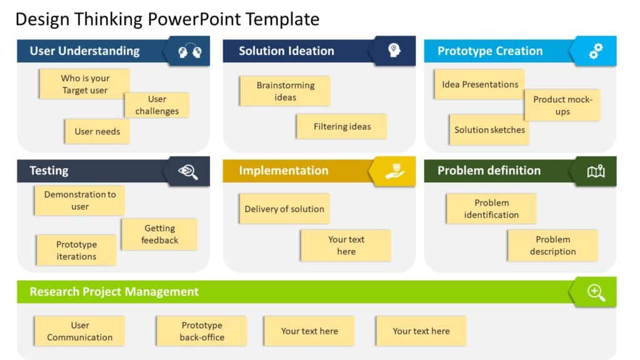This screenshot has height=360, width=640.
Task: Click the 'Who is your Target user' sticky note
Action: [84, 84]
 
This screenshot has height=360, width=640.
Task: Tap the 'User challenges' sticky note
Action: [157, 105]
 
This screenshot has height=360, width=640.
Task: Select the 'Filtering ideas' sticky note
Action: [342, 126]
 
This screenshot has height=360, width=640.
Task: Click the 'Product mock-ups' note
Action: [562, 105]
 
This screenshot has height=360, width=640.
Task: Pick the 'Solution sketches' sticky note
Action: [489, 130]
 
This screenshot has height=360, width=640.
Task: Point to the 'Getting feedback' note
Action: [159, 234]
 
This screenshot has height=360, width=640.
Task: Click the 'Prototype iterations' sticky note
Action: [76, 251]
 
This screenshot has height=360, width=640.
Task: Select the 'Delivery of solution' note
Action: [284, 209]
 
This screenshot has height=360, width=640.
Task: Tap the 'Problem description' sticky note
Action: [552, 246]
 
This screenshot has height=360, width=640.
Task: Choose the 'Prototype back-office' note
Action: [202, 331]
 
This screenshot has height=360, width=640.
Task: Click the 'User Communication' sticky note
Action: [79, 331]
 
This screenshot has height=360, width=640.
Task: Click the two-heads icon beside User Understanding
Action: [189, 51]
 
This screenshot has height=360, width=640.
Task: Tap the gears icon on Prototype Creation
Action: [596, 51]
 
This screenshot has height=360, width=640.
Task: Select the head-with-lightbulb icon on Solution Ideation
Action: [394, 51]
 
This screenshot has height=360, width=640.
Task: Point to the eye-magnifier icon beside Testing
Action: [188, 171]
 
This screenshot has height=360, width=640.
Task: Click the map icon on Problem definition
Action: [596, 171]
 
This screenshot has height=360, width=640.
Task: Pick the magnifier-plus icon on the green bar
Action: [596, 292]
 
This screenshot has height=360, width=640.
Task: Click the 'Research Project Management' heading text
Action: [114, 292]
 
